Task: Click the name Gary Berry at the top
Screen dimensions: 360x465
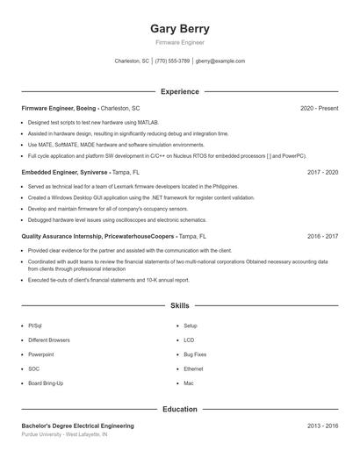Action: point(180,29)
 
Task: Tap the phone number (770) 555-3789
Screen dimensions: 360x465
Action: point(172,61)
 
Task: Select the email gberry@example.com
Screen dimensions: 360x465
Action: point(220,61)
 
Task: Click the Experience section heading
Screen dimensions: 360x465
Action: point(180,91)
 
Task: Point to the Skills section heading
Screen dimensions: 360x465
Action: point(180,306)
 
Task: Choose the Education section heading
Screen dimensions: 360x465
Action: point(180,409)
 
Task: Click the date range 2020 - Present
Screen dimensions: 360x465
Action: point(319,108)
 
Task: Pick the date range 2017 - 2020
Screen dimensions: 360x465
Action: point(322,173)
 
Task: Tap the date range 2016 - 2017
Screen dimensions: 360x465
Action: point(322,237)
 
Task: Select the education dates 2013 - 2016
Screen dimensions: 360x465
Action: point(322,426)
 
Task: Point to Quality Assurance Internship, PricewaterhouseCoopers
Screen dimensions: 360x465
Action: point(97,237)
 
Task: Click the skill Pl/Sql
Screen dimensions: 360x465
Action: point(35,325)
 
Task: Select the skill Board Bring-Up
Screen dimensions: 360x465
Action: point(46,383)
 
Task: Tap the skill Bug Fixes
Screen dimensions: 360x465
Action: point(195,354)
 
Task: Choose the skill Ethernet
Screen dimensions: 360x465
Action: point(193,368)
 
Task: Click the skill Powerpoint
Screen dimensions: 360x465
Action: point(40,354)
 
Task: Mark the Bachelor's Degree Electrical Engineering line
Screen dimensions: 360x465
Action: point(77,426)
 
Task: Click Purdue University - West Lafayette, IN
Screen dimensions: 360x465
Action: point(64,434)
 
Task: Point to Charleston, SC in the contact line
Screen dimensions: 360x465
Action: point(132,61)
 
